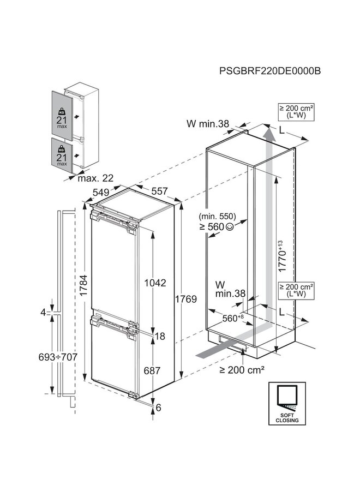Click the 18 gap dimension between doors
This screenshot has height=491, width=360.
tap(160, 337)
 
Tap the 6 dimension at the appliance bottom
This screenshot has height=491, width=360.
tap(158, 407)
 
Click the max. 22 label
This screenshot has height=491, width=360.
tap(96, 178)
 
